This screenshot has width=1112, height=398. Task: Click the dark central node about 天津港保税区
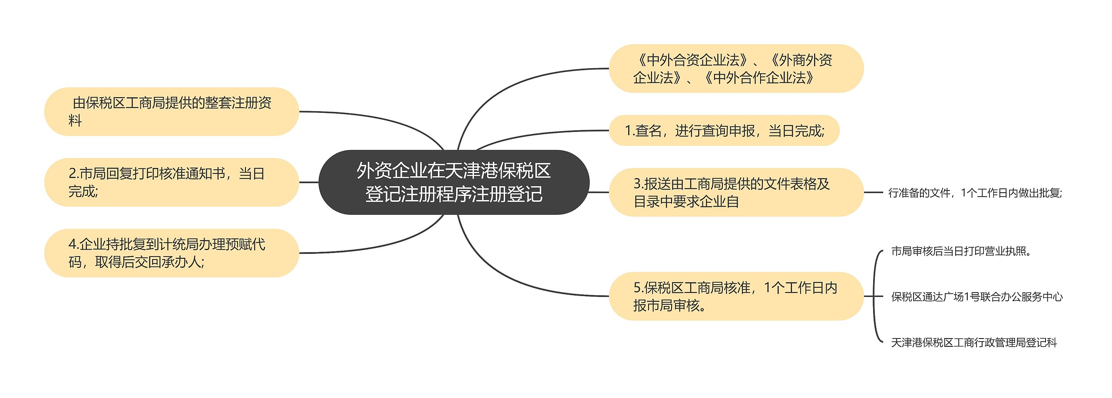pos(454,182)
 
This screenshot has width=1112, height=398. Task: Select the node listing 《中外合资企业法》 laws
pos(736,69)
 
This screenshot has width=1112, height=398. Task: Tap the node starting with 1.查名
pos(724,131)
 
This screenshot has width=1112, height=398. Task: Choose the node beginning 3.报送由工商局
pos(736,192)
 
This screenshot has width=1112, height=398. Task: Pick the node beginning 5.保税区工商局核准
pos(736,296)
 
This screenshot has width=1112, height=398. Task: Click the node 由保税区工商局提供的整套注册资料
pos(172,112)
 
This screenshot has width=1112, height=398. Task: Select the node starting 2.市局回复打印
pos(172,182)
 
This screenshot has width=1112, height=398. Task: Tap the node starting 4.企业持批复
pos(172,253)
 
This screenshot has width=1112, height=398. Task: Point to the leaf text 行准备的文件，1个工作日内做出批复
pos(975,193)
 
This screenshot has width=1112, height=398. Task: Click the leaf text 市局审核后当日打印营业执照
pos(961,251)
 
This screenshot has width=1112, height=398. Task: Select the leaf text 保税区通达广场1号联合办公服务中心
pos(976,297)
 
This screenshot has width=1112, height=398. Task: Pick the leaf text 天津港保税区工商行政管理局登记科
pos(974,343)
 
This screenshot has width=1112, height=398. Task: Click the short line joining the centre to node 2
pos(309,182)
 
